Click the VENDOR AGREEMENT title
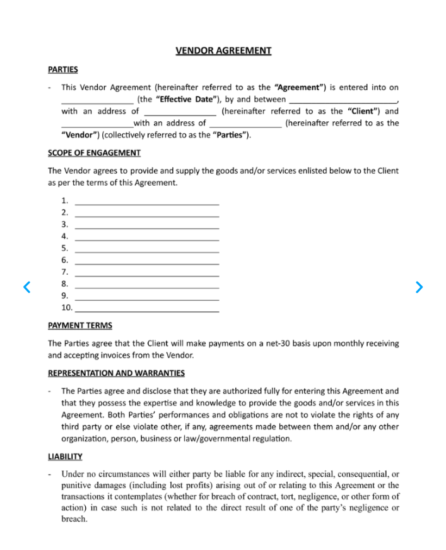(223, 51)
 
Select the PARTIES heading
(62, 69)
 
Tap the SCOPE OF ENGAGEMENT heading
(94, 153)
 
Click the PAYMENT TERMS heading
(80, 326)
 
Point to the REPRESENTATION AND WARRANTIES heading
(116, 373)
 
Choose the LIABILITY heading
(65, 456)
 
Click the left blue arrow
(26, 287)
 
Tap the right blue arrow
(420, 287)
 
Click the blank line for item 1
(146, 202)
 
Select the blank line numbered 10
(146, 309)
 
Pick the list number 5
(64, 248)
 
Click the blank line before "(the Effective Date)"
(97, 100)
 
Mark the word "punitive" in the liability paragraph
(76, 485)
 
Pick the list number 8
(64, 284)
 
